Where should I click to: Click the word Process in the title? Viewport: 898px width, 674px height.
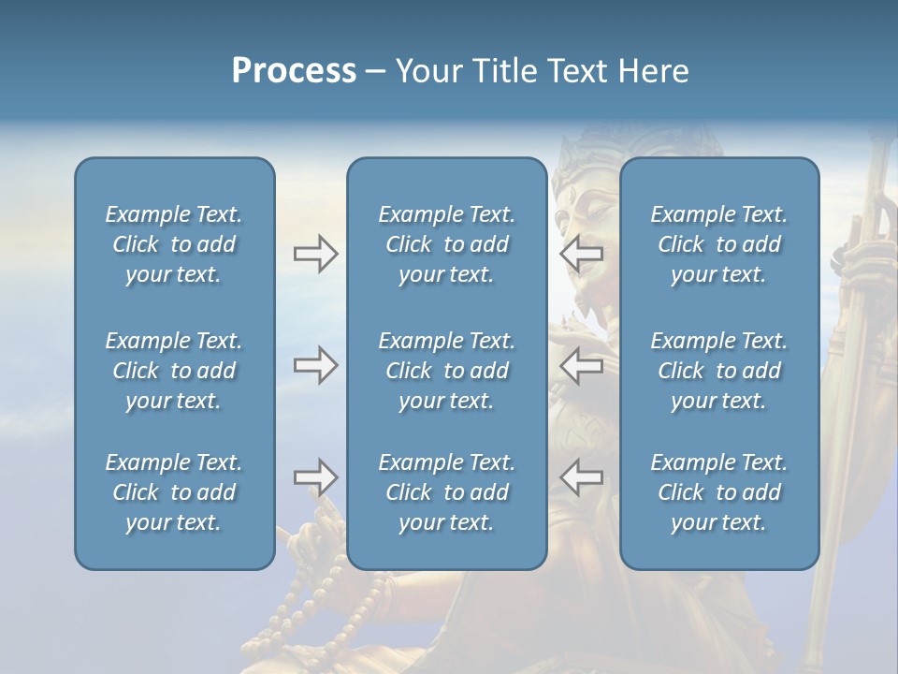[294, 71]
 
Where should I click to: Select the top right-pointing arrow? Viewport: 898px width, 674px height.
[315, 254]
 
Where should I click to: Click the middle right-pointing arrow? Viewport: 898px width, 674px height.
[315, 365]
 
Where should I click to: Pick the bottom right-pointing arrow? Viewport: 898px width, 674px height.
[315, 477]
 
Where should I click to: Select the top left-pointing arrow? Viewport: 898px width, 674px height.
[582, 254]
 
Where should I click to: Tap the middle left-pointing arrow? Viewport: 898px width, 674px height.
[582, 365]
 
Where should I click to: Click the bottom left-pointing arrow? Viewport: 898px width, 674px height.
[582, 477]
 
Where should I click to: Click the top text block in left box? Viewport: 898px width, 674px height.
[174, 244]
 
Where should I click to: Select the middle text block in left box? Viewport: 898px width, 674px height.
[174, 371]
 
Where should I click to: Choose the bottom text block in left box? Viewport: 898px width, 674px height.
[174, 492]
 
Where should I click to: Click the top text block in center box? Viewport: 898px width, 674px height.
[446, 244]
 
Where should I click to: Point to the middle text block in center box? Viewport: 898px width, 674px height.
[446, 371]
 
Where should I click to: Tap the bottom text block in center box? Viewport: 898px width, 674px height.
[446, 492]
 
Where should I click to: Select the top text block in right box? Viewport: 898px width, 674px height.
[719, 244]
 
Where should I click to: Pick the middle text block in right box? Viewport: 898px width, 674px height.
[719, 371]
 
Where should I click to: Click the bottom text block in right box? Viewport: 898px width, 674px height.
[719, 492]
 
